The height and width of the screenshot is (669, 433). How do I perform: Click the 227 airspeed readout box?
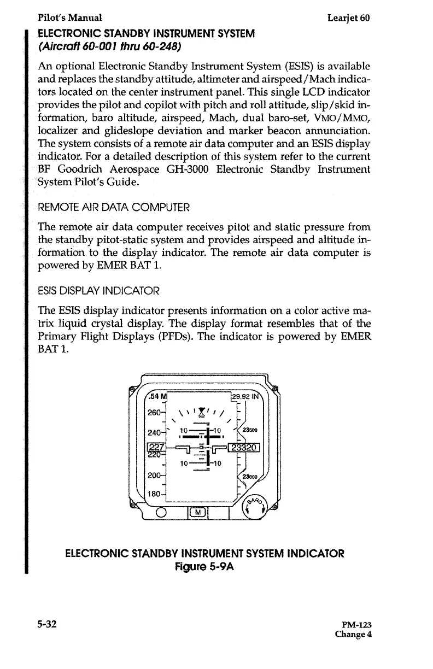tap(156, 448)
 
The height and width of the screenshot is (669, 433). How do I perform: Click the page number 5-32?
tap(48, 624)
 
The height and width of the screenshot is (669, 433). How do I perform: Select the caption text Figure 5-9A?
tap(204, 566)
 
